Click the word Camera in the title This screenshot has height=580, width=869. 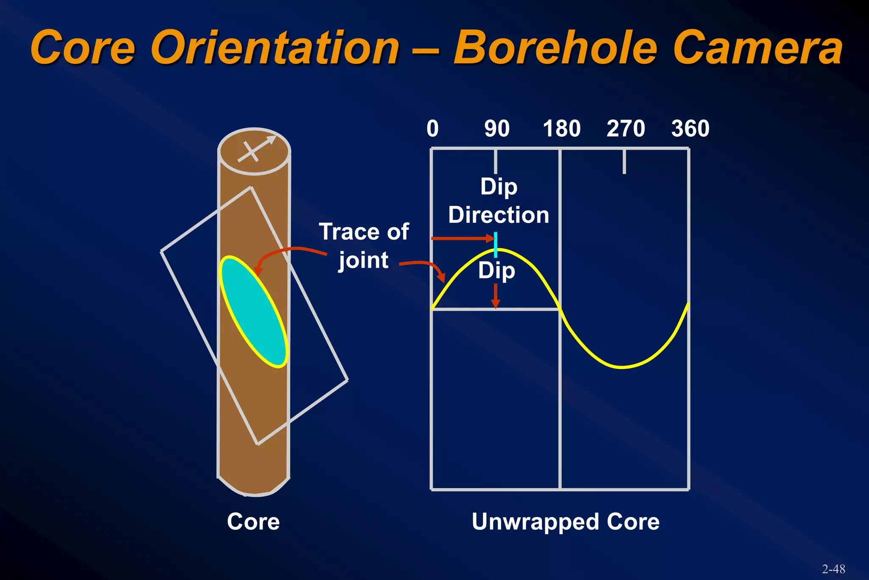click(757, 48)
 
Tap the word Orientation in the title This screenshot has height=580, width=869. click(275, 48)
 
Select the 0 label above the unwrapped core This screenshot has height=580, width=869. click(432, 129)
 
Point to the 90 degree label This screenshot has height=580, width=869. click(497, 129)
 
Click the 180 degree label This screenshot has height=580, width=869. click(562, 129)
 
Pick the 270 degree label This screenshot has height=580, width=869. click(626, 129)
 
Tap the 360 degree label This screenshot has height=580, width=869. click(690, 129)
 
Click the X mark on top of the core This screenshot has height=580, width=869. click(251, 152)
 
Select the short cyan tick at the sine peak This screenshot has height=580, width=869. click(496, 245)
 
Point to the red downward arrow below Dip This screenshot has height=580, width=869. click(496, 296)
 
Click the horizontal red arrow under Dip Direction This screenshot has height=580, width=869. click(463, 239)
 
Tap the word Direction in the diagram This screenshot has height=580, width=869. click(499, 215)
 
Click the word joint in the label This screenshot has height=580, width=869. click(364, 260)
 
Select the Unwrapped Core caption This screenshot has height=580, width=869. click(566, 521)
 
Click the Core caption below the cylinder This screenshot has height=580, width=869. click(253, 521)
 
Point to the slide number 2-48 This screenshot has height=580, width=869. click(833, 569)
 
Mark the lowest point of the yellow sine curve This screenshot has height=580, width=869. click(622, 367)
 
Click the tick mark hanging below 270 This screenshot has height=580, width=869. click(624, 162)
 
